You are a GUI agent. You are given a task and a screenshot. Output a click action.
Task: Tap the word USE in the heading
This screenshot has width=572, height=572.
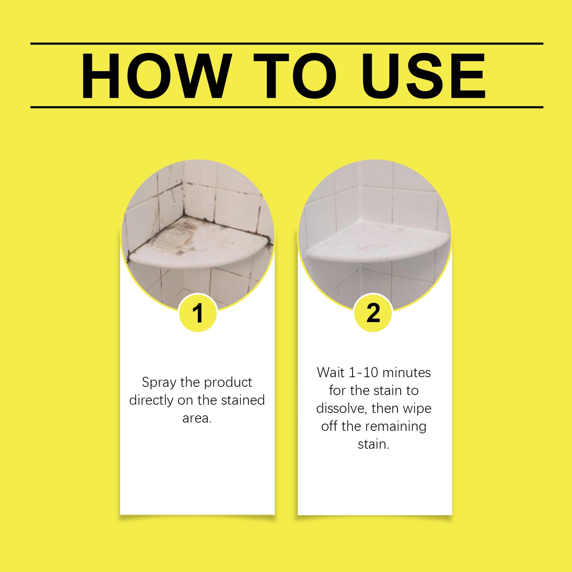click(423, 76)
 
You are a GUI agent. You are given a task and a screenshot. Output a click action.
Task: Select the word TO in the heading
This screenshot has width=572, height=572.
click(295, 76)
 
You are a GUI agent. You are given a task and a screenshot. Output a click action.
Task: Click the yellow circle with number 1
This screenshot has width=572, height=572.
click(198, 313)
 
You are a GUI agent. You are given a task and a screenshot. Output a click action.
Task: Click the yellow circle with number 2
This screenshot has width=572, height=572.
click(373, 313)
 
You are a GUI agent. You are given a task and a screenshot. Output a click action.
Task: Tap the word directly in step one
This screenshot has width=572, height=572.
click(152, 400)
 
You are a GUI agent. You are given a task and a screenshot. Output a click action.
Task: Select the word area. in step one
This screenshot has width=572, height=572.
click(197, 418)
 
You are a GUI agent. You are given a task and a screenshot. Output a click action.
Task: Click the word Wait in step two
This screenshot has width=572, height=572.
click(330, 373)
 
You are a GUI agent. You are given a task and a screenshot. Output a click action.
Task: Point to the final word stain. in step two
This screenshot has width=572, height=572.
click(374, 444)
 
